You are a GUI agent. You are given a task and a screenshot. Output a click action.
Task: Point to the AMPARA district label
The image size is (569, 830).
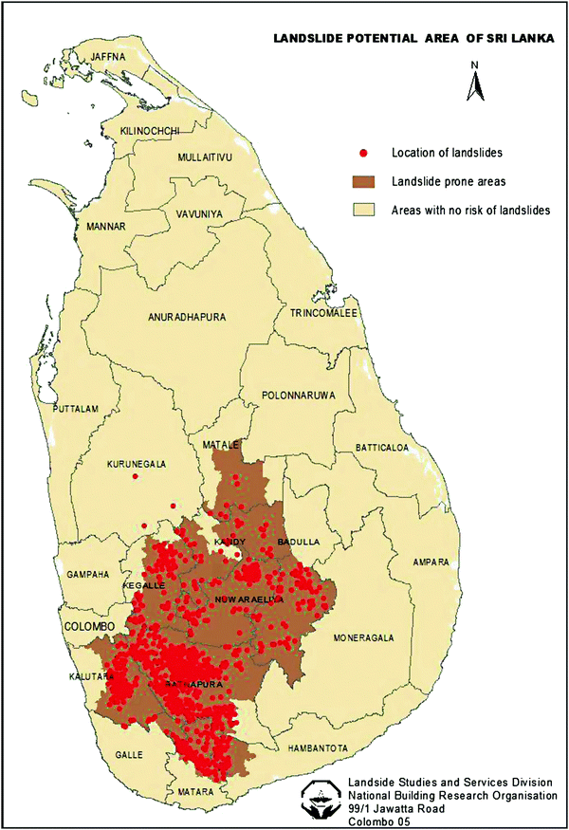click(x=430, y=563)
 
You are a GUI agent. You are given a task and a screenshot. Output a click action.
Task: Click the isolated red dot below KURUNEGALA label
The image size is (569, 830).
click(x=137, y=476)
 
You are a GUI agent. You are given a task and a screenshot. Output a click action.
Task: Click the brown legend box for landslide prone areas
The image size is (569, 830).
click(x=362, y=180)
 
